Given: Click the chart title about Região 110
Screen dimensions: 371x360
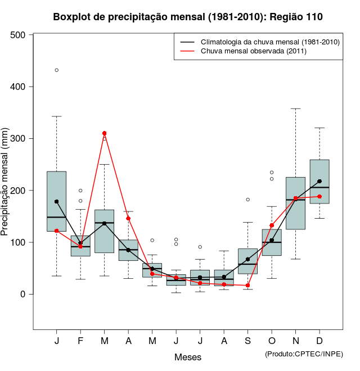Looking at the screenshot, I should pyautogui.click(x=188, y=17).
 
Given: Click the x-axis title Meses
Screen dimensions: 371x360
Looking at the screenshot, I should pyautogui.click(x=188, y=357).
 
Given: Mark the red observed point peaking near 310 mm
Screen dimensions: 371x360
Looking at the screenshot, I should pyautogui.click(x=104, y=133).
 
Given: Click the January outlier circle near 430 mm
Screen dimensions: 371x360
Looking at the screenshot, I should pyautogui.click(x=57, y=70).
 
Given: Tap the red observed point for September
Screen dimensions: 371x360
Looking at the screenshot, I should pyautogui.click(x=248, y=286).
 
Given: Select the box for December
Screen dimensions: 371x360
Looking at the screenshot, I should pyautogui.click(x=319, y=181).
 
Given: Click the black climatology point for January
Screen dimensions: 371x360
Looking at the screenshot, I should pyautogui.click(x=57, y=201).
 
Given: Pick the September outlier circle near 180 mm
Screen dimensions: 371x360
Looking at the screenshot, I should pyautogui.click(x=248, y=200).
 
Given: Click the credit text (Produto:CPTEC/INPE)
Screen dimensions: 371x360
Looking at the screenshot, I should pyautogui.click(x=304, y=354).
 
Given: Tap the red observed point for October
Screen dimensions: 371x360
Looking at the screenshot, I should pyautogui.click(x=272, y=225).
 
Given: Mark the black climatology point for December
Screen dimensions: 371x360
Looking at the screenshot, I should pyautogui.click(x=319, y=181).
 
